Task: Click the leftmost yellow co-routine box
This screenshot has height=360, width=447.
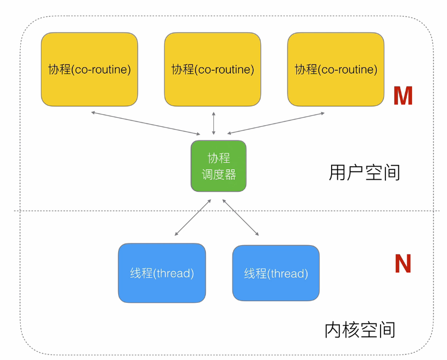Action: [x=89, y=69]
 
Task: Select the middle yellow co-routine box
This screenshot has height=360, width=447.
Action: [x=213, y=69]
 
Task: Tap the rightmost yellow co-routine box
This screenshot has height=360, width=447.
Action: [x=336, y=69]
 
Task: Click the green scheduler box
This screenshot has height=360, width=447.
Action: [x=219, y=166]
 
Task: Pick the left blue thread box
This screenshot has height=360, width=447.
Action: [x=162, y=273]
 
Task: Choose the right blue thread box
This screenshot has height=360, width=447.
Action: [x=276, y=273]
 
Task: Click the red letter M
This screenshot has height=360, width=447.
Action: [x=403, y=96]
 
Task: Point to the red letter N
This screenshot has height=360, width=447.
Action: [x=403, y=264]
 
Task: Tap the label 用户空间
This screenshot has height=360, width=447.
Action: [x=364, y=173]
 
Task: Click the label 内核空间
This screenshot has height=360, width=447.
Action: [x=360, y=330]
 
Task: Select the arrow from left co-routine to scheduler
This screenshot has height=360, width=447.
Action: [x=146, y=123]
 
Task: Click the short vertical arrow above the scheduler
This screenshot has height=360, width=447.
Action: [x=213, y=123]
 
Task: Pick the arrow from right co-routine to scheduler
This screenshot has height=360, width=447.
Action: [x=276, y=123]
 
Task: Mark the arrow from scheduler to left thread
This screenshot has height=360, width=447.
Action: [x=193, y=217]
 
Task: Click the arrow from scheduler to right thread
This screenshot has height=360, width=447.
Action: [x=241, y=217]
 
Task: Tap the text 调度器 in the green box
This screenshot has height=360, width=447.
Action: [x=219, y=174]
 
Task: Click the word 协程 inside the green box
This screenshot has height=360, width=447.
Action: [x=219, y=158]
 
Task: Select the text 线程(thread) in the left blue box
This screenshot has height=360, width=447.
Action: [x=162, y=273]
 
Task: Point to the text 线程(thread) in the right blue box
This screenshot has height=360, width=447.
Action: [x=276, y=273]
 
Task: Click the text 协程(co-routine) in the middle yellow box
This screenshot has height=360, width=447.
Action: [x=213, y=69]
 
